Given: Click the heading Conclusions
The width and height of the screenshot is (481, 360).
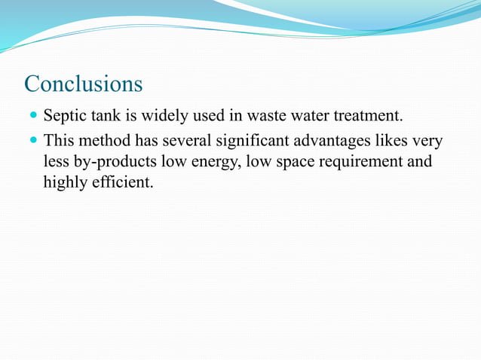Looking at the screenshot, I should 83,84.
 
